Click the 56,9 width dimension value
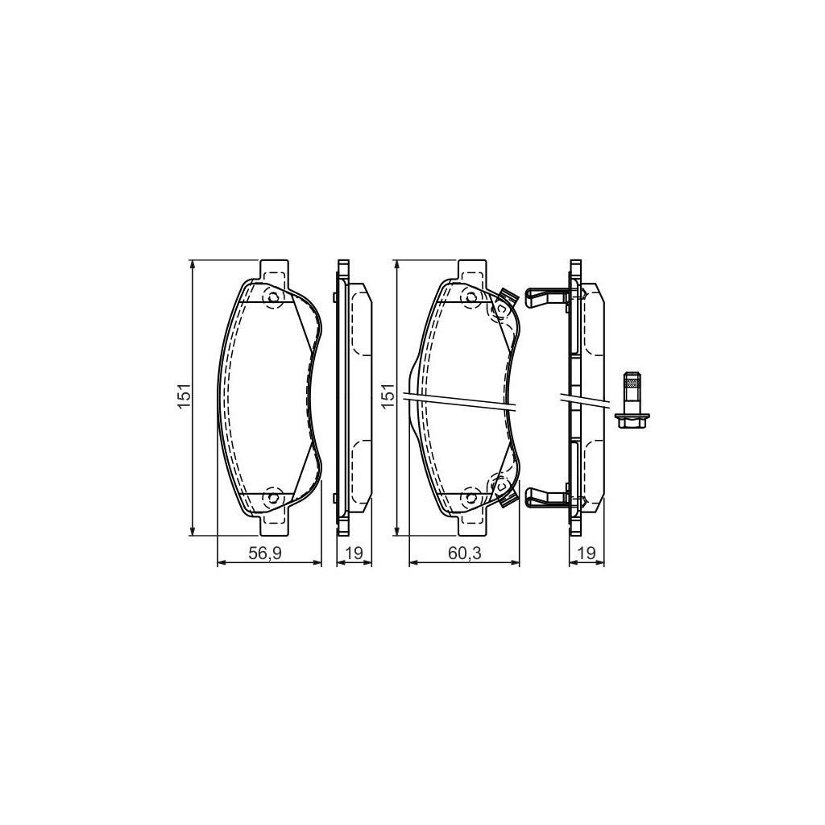269,553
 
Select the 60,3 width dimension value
464,553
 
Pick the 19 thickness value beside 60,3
587,553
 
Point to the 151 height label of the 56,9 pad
184,397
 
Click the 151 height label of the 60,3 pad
388,397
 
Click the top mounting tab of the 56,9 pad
275,270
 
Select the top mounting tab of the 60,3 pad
471,270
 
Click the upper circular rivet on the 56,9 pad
272,298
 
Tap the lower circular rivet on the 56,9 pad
272,497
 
